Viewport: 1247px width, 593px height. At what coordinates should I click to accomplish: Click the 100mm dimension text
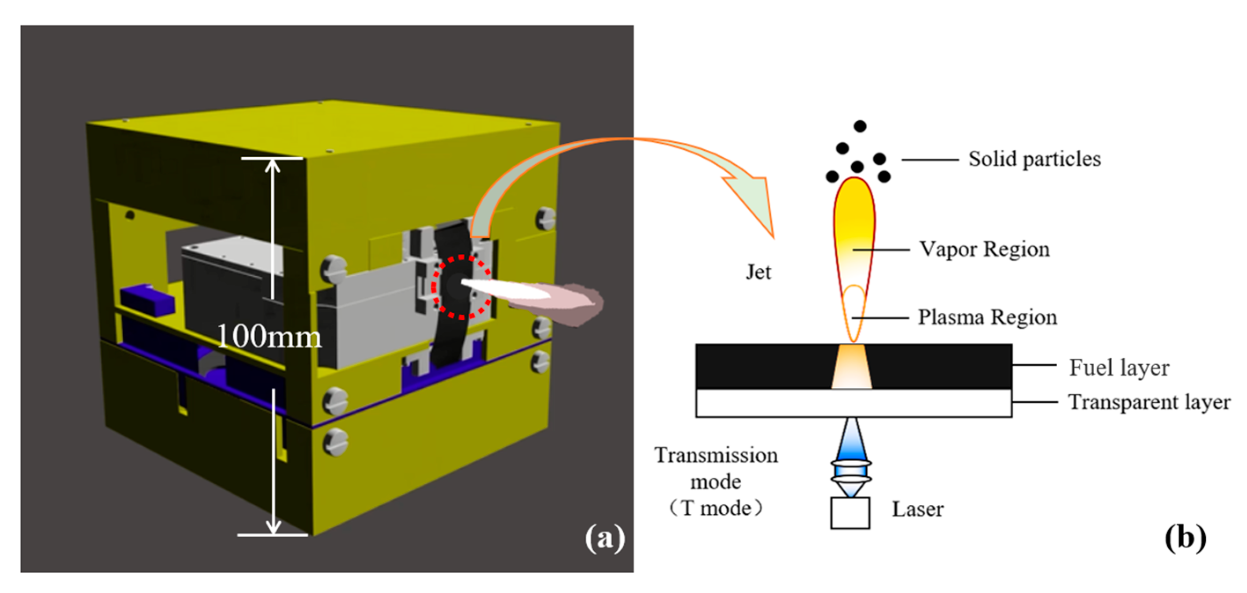[x=269, y=336]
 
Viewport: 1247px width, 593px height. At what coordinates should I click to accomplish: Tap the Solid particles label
[x=1034, y=159]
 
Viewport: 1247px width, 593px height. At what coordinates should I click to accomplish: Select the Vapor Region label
[x=984, y=249]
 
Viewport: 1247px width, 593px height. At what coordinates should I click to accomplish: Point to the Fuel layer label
[x=1119, y=368]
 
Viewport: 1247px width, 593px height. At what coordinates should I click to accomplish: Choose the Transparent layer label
[x=1149, y=402]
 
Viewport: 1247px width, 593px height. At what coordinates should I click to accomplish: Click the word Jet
[x=758, y=272]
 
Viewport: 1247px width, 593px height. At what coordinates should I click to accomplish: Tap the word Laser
[x=917, y=510]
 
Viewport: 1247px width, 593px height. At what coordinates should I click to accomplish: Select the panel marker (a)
[x=605, y=538]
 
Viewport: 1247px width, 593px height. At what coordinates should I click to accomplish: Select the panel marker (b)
[x=1185, y=538]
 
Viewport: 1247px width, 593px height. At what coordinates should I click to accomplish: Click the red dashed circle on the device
[x=461, y=287]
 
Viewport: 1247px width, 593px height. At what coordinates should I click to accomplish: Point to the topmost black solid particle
[x=860, y=126]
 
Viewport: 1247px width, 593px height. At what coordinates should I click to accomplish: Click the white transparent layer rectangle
[x=775, y=403]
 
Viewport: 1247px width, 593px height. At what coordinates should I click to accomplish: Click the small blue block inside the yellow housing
[x=147, y=299]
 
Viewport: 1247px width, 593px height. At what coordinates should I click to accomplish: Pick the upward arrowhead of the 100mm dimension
[x=272, y=166]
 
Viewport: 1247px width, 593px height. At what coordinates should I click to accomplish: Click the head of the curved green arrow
[x=755, y=204]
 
